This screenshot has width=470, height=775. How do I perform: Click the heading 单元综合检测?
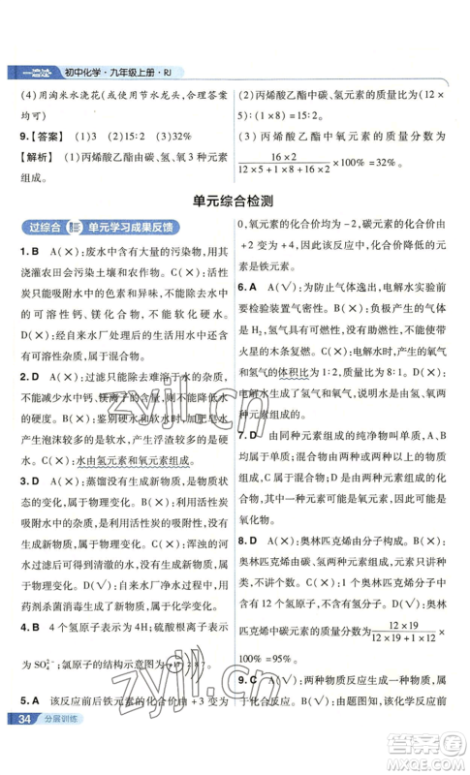(x=235, y=228)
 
